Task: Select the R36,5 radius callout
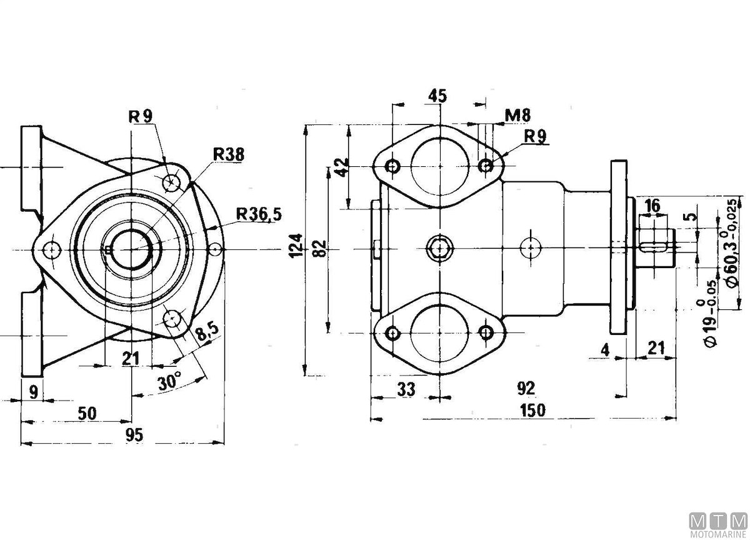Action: (x=259, y=214)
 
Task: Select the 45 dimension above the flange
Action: (x=438, y=96)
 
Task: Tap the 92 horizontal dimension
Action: (x=527, y=388)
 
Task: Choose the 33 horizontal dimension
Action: (x=406, y=389)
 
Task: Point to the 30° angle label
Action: (x=169, y=381)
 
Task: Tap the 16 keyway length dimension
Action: (x=652, y=206)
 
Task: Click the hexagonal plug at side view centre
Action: (x=441, y=248)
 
